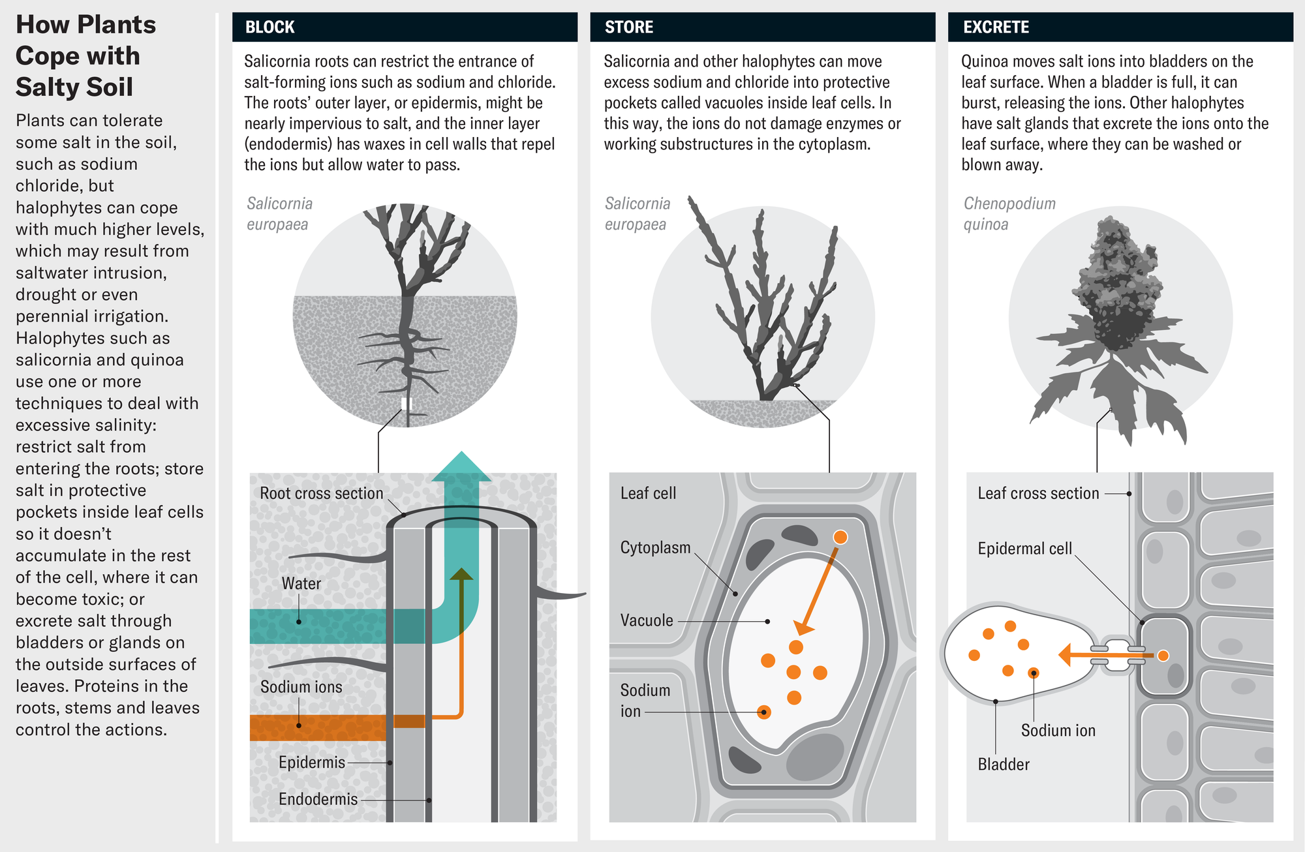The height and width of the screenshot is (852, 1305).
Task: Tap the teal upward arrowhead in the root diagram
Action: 461,467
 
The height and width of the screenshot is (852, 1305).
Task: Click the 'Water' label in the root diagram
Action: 301,584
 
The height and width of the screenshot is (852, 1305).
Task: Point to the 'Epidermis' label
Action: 311,763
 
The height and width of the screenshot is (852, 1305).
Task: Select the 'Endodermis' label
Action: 318,800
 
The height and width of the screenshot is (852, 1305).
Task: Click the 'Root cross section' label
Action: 321,494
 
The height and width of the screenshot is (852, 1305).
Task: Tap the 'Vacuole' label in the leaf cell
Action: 646,620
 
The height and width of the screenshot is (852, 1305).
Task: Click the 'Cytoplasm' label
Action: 654,548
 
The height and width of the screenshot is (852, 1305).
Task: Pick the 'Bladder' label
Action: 1003,765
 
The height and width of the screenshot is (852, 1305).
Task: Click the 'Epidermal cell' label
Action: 1024,549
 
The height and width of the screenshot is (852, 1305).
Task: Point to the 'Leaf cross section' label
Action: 1037,494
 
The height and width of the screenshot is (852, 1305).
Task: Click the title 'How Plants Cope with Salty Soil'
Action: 85,56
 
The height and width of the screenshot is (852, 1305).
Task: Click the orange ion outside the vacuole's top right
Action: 840,537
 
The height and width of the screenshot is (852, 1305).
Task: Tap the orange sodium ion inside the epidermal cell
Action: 1163,656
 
